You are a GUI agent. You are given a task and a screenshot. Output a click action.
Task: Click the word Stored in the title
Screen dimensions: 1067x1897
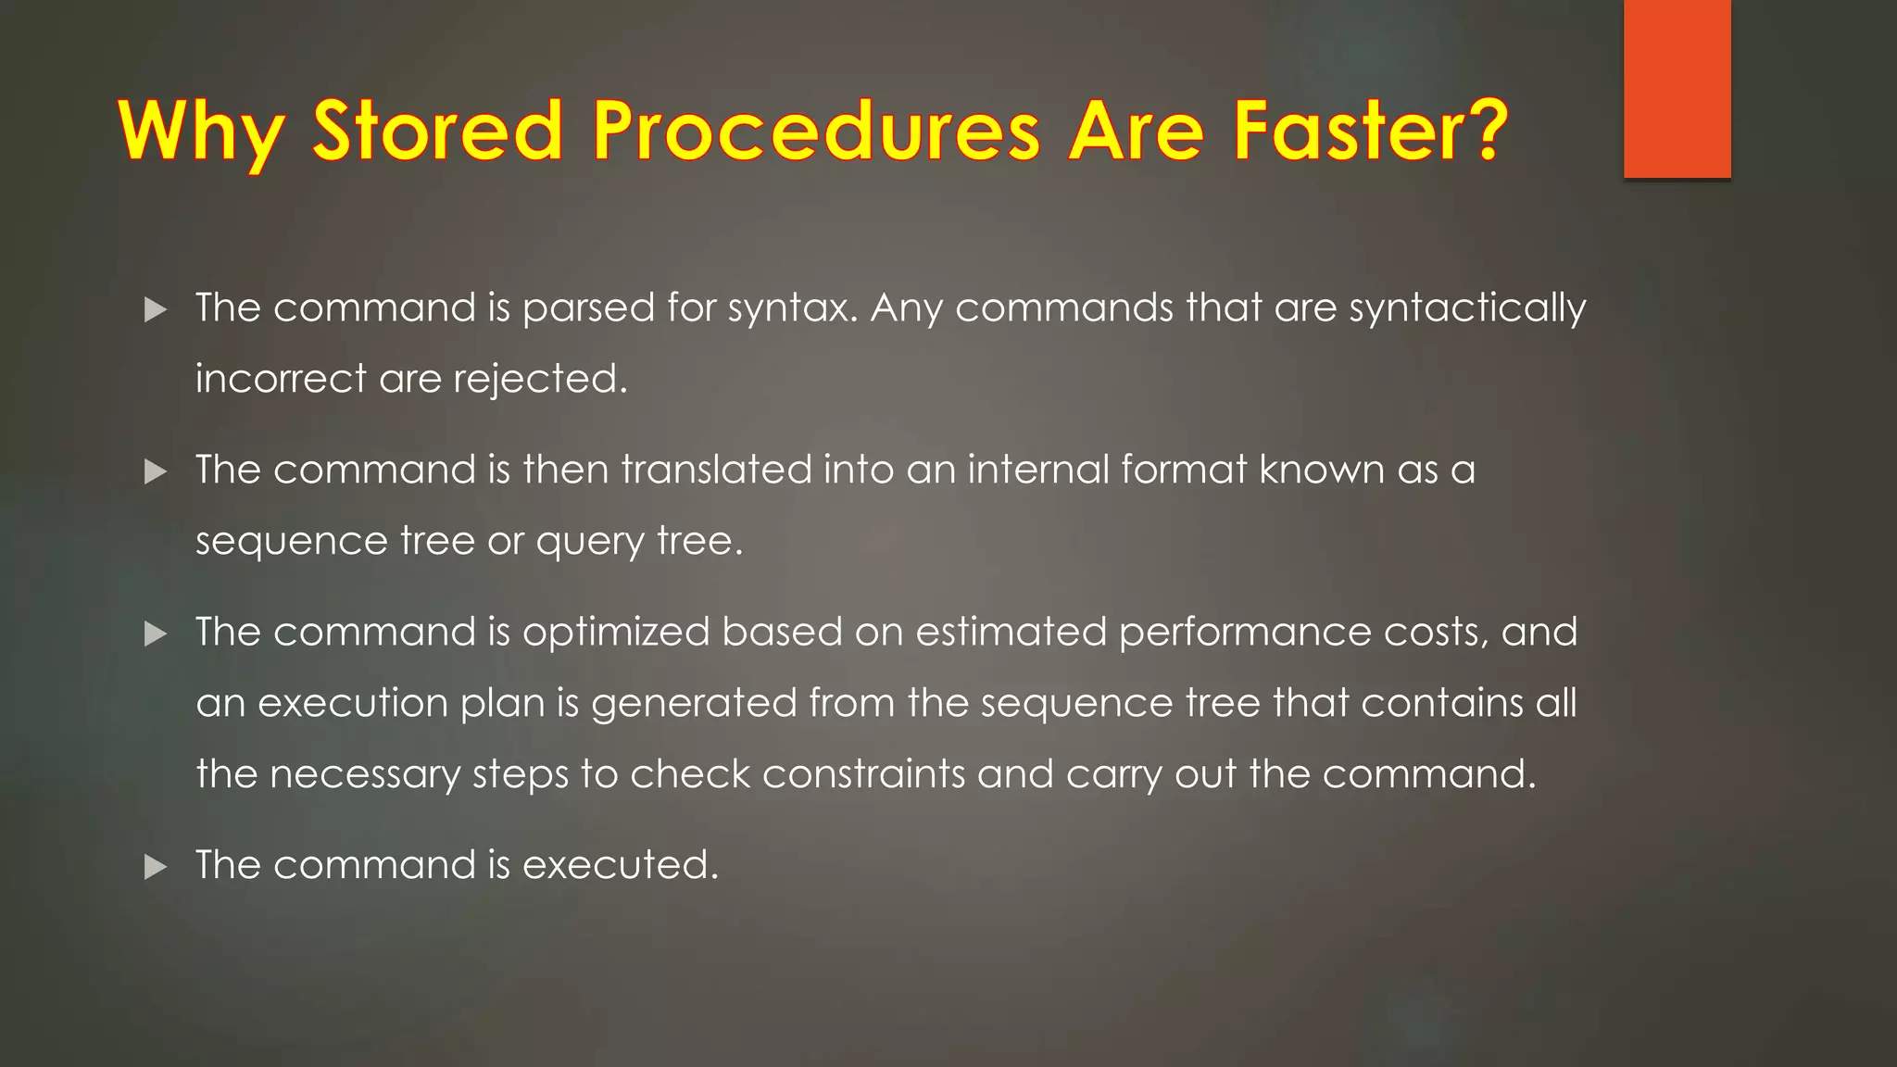pyautogui.click(x=437, y=131)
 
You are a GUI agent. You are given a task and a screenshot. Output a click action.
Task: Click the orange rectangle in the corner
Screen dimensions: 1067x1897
pyautogui.click(x=1677, y=88)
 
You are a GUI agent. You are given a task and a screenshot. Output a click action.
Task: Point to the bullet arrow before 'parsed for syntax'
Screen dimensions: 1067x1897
pyautogui.click(x=156, y=309)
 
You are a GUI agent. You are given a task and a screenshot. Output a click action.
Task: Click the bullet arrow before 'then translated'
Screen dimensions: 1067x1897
pyautogui.click(x=156, y=471)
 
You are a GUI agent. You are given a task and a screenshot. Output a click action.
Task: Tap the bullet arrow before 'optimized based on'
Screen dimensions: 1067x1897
pyautogui.click(x=156, y=634)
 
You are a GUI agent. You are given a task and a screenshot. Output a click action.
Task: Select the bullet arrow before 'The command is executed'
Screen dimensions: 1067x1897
pyautogui.click(x=156, y=867)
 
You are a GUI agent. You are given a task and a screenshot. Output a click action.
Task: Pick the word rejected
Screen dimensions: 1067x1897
pyautogui.click(x=540, y=379)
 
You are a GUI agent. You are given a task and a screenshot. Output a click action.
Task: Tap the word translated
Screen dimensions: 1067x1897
pyautogui.click(x=716, y=470)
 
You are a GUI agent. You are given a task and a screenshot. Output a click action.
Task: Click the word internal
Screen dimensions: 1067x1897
pyautogui.click(x=1037, y=470)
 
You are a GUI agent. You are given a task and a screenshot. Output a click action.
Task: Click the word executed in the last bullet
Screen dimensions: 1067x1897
pyautogui.click(x=620, y=865)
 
